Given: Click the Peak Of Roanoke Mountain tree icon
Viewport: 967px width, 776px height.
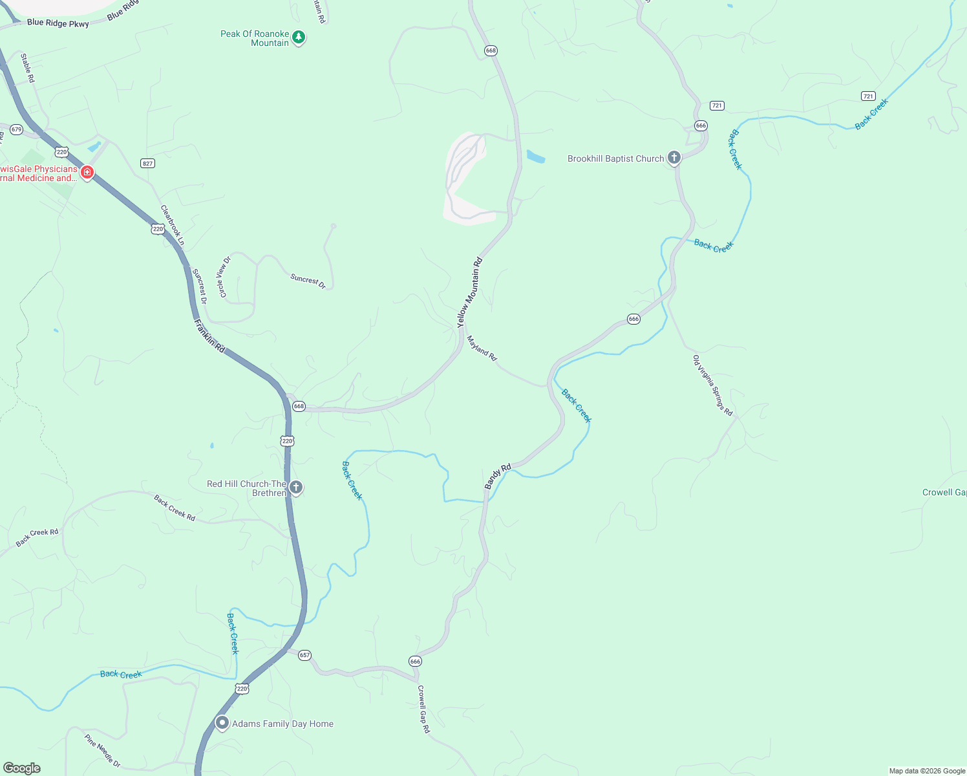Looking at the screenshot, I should click(299, 38).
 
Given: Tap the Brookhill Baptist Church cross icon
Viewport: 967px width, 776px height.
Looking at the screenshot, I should click(674, 158).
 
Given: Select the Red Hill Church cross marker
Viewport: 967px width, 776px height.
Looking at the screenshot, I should click(295, 488).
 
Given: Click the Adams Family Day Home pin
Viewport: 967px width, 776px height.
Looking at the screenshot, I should click(222, 723).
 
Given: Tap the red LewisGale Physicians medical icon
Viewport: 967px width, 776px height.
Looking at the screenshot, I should click(87, 172).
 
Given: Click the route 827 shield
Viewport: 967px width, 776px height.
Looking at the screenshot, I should click(148, 163).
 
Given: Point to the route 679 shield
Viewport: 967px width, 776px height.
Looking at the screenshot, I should click(16, 129).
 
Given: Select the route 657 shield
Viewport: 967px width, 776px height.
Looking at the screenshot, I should click(304, 655).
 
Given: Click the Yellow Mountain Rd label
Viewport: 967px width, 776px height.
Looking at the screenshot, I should click(470, 292).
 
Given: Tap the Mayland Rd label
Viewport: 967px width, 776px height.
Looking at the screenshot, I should click(482, 348).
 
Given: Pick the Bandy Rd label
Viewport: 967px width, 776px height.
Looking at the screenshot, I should click(498, 476).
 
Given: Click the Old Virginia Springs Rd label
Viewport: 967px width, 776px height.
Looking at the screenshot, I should click(712, 385).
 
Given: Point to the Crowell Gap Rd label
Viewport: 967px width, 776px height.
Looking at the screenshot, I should click(423, 709).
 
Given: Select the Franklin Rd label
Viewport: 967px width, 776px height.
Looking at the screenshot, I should click(209, 335).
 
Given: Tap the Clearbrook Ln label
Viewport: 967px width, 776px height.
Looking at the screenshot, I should click(173, 225).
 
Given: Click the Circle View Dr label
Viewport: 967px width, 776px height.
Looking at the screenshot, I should click(224, 277).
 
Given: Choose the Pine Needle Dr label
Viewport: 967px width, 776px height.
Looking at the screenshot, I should click(102, 750).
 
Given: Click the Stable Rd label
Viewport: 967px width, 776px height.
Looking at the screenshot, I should click(27, 68).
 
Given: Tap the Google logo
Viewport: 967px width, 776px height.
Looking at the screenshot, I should click(22, 768).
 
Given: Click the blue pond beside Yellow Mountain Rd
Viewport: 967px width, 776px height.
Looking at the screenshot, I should click(536, 156).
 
